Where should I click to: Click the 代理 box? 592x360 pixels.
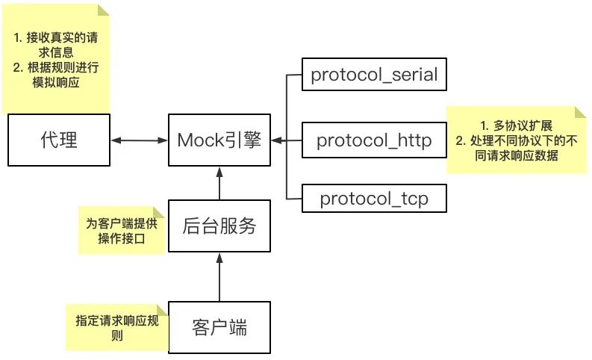(57, 140)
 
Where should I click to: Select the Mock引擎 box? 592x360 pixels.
(219, 140)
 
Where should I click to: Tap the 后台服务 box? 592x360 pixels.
(219, 226)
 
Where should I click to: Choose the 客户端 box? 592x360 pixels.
(219, 327)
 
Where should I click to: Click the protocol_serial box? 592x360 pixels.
(374, 75)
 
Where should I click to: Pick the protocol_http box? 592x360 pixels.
(374, 140)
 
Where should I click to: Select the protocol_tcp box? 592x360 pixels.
(374, 199)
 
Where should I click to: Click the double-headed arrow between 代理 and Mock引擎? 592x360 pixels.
(139, 140)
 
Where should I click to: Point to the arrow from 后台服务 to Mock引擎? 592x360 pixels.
(219, 183)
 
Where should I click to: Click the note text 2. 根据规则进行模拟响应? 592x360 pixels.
(55, 75)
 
